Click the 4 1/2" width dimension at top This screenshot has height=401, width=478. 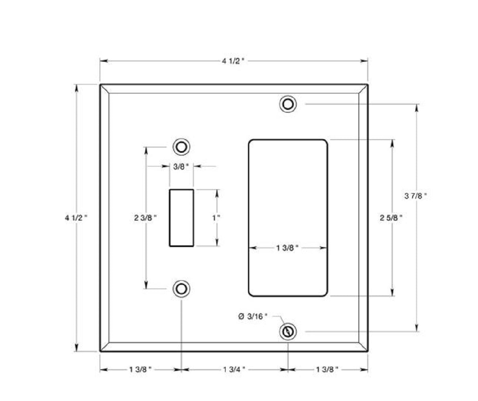233,61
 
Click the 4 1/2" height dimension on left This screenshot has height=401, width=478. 76,218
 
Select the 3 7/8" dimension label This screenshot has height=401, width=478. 415,196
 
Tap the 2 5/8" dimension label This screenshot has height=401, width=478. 391,218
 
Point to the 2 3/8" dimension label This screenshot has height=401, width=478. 145,218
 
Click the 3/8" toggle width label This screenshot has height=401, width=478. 181,167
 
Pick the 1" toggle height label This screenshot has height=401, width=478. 216,218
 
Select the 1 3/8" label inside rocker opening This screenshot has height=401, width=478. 287,248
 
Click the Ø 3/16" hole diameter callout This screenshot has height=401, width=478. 252,316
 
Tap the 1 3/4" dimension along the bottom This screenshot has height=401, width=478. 234,369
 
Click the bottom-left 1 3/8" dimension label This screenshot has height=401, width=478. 140,369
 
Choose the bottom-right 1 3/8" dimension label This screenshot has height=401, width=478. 327,369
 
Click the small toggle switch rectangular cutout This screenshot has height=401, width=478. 181,218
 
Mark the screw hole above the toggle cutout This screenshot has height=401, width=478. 181,147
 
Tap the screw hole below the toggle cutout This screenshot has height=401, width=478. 181,289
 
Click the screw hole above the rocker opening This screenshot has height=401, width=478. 288,104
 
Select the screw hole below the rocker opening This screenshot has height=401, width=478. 288,332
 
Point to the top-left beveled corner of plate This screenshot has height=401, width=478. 104,89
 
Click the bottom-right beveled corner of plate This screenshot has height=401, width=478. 363,347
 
